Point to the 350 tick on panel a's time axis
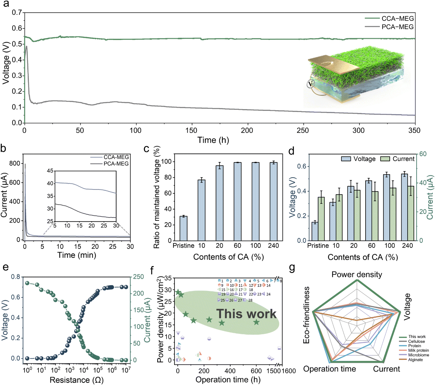(x=414, y=130)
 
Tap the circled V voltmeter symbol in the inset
(x=310, y=84)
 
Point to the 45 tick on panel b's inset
(x=50, y=171)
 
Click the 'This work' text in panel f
(x=246, y=314)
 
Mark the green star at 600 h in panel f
(x=256, y=322)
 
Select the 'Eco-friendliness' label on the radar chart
(x=307, y=315)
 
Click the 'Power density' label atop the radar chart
(x=357, y=275)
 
